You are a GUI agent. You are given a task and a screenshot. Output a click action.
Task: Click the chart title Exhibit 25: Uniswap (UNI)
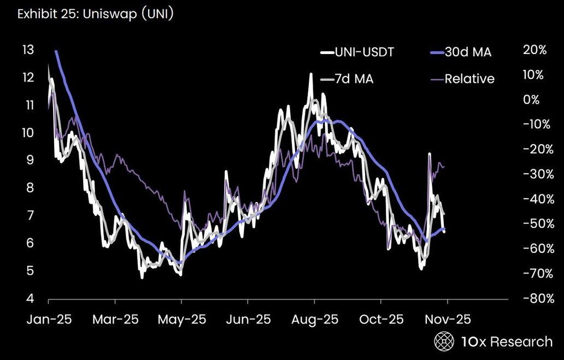click(96, 14)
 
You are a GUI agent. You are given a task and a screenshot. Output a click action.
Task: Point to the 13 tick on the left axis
click(27, 50)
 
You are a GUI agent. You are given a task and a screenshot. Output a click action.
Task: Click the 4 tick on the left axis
click(31, 299)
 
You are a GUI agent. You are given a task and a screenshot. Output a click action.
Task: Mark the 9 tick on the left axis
click(31, 161)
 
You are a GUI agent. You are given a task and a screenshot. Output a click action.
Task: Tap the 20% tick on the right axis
click(534, 50)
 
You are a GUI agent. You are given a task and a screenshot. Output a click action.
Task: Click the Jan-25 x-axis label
click(49, 319)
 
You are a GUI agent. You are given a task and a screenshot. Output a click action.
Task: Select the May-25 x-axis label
click(182, 319)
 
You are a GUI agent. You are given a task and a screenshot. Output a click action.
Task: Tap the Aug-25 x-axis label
click(314, 319)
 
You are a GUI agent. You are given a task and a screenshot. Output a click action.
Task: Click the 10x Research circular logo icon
click(444, 342)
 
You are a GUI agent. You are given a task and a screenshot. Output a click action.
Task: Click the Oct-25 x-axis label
click(381, 319)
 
